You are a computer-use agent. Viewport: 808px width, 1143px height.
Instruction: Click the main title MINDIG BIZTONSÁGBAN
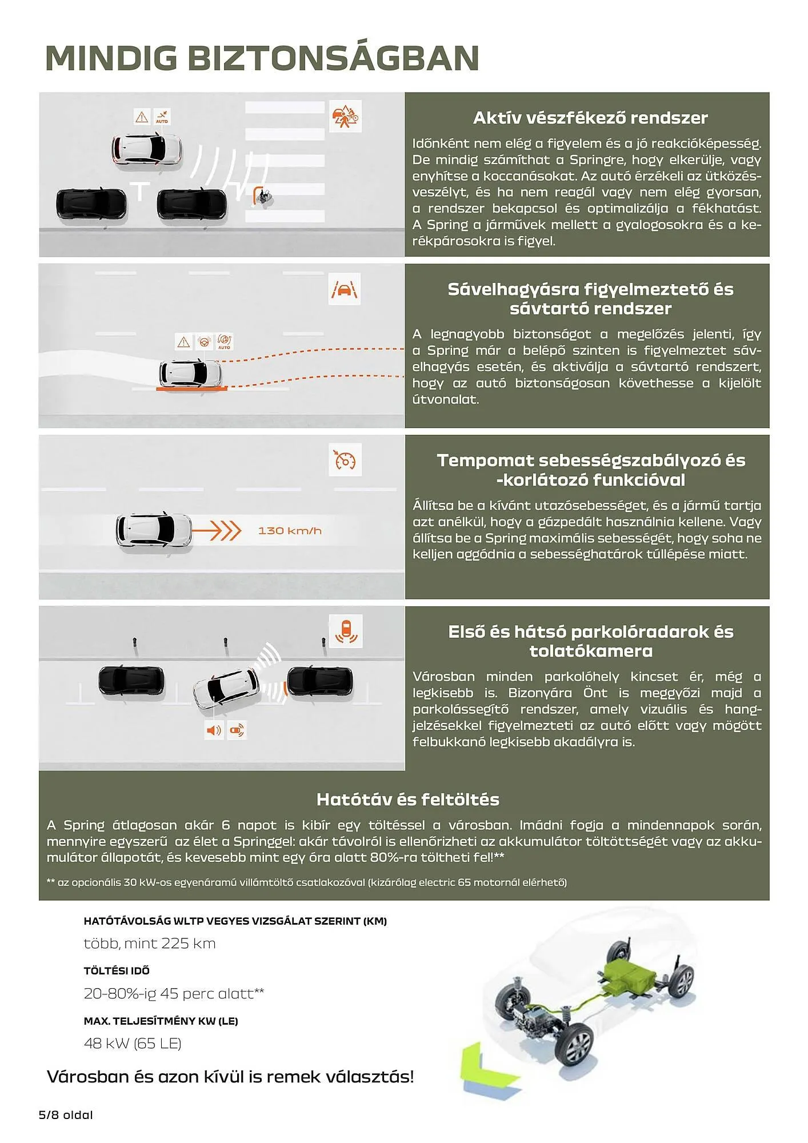coord(262,58)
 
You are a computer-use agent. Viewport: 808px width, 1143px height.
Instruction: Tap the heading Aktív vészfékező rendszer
coord(590,118)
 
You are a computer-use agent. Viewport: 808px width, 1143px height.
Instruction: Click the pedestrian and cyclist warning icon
coord(345,117)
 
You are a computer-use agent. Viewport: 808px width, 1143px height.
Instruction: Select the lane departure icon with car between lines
coord(345,289)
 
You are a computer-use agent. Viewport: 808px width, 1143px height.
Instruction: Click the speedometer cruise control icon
coord(345,460)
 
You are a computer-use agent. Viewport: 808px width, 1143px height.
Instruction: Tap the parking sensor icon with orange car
coord(346,631)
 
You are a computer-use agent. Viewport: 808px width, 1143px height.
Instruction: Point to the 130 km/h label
coord(290,530)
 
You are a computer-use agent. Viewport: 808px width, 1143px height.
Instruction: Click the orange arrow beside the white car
coord(216,530)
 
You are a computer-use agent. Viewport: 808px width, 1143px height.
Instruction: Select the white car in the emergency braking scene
coord(146,149)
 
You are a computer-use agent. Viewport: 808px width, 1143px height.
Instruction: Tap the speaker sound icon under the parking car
coord(214,730)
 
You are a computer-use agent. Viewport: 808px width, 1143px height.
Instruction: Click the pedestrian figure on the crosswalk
coord(263,197)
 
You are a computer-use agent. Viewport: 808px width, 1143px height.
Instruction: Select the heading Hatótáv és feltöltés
coord(407,799)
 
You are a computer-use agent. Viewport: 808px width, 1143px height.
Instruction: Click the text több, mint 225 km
coord(150,943)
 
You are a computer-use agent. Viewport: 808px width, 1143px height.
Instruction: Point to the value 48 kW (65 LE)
coord(133,1043)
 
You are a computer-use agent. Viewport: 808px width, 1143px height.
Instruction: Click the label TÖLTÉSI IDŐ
coord(117,970)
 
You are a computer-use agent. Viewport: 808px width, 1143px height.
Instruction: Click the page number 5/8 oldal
coord(66,1114)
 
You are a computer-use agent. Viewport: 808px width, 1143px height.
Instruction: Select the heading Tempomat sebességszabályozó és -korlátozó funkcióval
coord(590,470)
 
